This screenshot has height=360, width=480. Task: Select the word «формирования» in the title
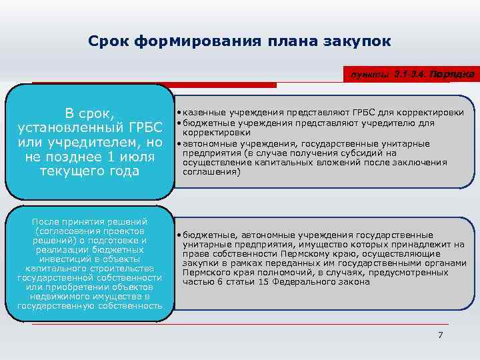[207, 42]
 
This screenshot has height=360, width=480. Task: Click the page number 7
[440, 335]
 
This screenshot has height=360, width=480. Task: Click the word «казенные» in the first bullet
[202, 112]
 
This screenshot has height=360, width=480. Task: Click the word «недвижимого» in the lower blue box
[62, 296]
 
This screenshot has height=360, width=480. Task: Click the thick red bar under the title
[220, 85]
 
